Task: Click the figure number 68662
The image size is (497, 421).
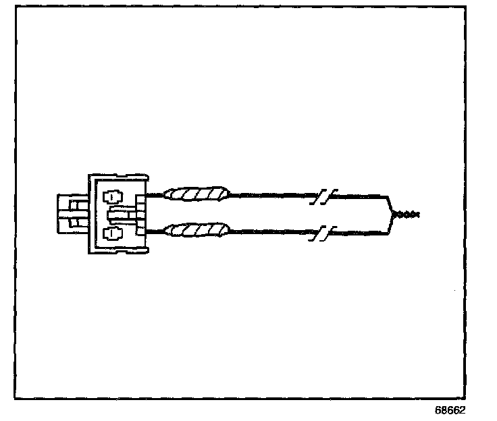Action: (450, 410)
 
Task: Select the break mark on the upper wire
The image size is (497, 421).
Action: (323, 198)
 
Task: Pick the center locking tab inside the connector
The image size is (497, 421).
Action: (122, 215)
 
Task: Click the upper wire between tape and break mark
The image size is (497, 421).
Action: (270, 196)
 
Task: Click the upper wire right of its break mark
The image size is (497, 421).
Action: (358, 196)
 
